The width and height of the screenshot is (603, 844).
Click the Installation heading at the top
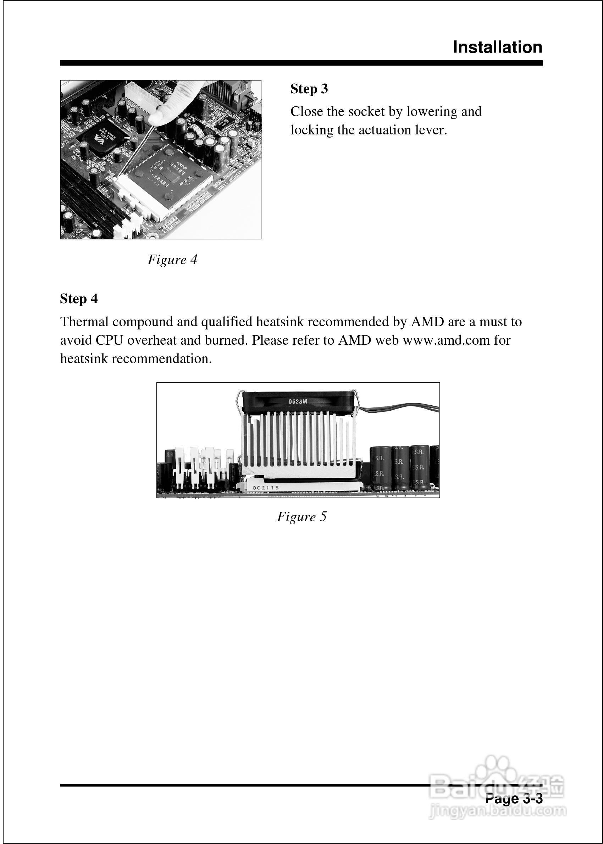(498, 48)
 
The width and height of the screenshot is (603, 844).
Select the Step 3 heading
(309, 89)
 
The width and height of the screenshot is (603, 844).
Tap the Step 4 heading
(79, 299)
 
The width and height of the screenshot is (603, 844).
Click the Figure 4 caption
(172, 260)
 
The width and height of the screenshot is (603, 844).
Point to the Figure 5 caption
(301, 517)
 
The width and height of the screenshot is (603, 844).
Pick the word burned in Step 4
(226, 340)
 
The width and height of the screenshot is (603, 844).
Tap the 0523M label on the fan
(298, 401)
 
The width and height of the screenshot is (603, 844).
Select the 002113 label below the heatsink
(265, 487)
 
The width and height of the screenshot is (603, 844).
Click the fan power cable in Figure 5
(401, 408)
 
